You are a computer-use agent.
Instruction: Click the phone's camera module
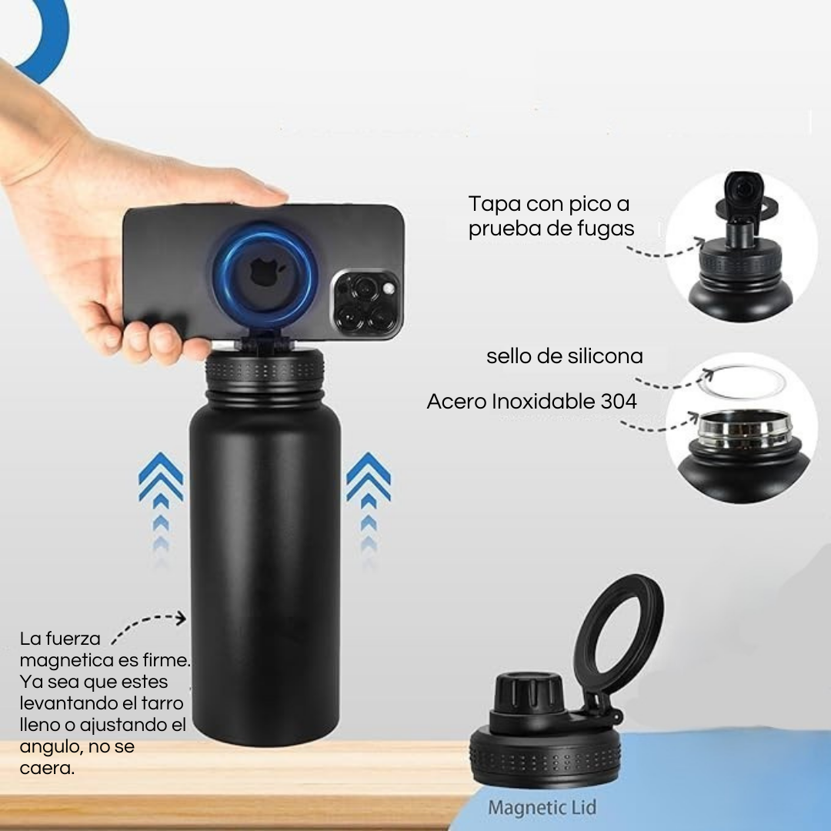[x=365, y=304]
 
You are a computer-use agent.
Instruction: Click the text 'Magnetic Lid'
[x=542, y=808]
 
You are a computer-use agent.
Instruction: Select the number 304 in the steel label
[x=619, y=401]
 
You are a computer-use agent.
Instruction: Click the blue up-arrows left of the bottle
[x=161, y=506]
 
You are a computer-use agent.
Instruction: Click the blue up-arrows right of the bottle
[x=369, y=506]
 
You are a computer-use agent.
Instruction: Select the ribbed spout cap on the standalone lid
[x=528, y=693]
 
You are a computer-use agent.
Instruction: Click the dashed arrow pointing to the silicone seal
[x=673, y=381]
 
